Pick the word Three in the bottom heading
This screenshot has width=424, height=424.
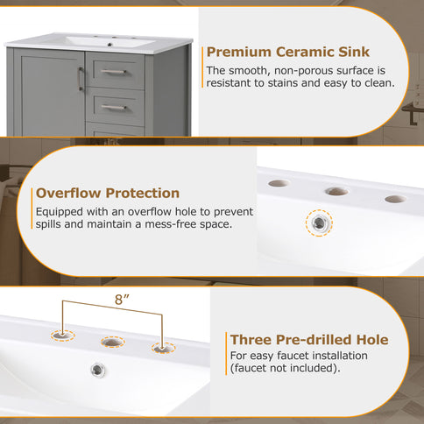coord(251,340)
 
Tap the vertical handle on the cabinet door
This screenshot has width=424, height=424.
coord(81,80)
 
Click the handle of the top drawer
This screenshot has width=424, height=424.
coord(113,72)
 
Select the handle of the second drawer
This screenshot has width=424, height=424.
coord(113,107)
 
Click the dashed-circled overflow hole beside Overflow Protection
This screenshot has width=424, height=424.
coord(320,223)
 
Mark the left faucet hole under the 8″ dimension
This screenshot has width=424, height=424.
coord(62,334)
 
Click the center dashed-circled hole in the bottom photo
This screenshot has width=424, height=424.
coord(111,342)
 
